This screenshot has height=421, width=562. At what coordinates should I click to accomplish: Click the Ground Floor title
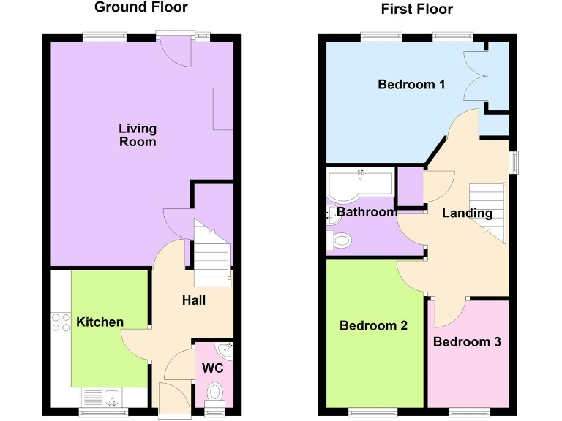141,8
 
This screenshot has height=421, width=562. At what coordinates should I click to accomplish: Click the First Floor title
416,10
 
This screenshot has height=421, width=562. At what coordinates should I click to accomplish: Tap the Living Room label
138,135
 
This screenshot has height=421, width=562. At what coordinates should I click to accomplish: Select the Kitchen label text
100,322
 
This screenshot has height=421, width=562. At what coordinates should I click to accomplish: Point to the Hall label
194,300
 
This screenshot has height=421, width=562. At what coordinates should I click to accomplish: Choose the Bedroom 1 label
411,85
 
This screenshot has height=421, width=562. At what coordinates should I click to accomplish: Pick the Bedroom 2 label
373,325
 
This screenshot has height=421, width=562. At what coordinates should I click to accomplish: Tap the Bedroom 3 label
467,341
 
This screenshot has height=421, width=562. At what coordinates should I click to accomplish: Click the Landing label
467,213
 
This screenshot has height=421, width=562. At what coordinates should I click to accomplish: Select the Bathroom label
366,212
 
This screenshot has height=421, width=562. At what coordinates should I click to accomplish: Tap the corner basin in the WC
228,350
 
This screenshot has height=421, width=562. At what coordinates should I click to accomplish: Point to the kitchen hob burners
60,322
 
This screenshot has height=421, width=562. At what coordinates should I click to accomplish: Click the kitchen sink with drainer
103,398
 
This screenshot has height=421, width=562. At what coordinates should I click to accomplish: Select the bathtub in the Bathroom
361,184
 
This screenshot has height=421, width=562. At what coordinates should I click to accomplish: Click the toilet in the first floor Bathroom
340,239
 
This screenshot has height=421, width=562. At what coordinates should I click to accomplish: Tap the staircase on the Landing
487,212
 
